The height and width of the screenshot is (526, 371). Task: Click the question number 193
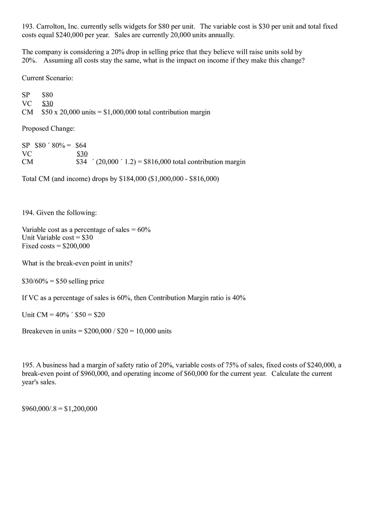(28, 27)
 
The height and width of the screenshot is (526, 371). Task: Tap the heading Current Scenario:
(47, 78)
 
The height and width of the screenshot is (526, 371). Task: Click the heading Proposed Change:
(48, 129)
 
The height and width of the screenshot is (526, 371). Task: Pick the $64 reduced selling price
(81, 146)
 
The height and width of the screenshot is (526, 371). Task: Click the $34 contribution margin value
(81, 162)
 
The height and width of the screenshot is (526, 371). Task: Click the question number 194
(28, 213)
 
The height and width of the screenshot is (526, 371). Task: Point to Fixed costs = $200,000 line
(56, 246)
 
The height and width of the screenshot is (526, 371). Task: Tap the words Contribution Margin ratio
(186, 298)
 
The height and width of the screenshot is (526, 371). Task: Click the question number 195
(28, 365)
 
